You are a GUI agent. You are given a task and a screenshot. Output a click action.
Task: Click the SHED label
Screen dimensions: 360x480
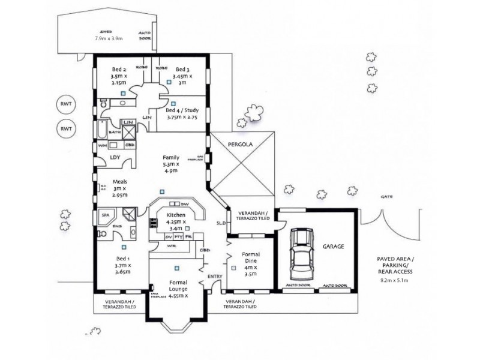pos(107,32)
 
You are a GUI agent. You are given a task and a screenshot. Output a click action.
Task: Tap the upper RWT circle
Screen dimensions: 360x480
pos(64,104)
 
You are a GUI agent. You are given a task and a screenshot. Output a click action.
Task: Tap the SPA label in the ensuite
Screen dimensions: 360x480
pos(104,214)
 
